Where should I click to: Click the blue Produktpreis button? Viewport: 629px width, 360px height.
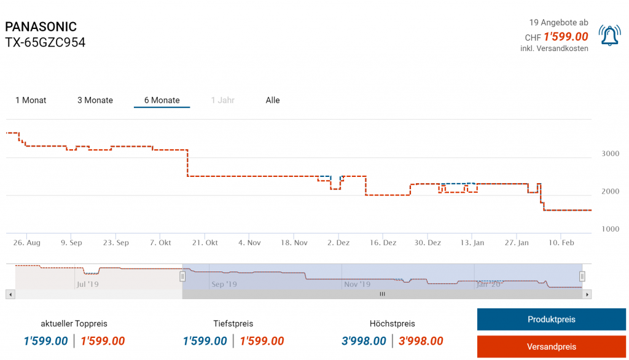[x=551, y=319]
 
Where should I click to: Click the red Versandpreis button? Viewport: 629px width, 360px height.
[x=551, y=346]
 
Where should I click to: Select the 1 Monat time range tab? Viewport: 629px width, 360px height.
[x=31, y=100]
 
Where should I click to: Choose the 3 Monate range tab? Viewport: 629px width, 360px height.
[x=95, y=100]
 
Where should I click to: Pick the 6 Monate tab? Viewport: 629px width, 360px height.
[x=162, y=100]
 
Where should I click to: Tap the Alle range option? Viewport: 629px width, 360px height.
[x=273, y=100]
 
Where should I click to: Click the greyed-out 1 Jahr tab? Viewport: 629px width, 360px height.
[x=222, y=100]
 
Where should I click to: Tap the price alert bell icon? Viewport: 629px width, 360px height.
[x=610, y=36]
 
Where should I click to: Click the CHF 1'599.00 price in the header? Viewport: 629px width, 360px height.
[x=566, y=37]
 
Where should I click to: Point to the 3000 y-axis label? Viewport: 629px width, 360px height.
[x=610, y=154]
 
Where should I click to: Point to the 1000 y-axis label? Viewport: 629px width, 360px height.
[x=610, y=229]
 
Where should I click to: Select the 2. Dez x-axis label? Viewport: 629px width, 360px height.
[x=338, y=243]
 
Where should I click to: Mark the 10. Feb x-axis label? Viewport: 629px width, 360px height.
[x=561, y=243]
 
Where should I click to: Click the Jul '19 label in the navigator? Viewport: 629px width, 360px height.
[x=87, y=284]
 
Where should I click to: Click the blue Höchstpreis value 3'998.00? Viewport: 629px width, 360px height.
[x=364, y=341]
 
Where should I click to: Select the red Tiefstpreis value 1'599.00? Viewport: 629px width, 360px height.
[x=262, y=341]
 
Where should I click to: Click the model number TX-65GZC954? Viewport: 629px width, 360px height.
[x=45, y=42]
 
